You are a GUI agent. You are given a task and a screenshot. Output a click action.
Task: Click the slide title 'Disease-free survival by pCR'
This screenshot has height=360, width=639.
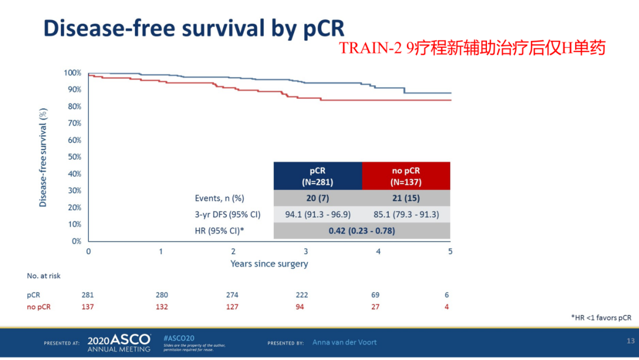pyautogui.click(x=194, y=28)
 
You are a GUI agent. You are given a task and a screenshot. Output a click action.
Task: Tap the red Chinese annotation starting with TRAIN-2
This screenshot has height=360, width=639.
pyautogui.click(x=472, y=49)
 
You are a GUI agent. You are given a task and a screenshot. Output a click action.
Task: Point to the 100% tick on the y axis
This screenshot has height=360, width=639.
pyautogui.click(x=72, y=73)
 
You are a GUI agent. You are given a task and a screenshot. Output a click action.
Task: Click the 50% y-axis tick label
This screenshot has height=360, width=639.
pyautogui.click(x=74, y=157)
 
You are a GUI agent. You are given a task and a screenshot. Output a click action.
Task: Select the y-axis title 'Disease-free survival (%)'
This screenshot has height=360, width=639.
pyautogui.click(x=43, y=157)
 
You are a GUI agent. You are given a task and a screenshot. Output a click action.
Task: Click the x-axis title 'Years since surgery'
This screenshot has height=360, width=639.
pyautogui.click(x=269, y=264)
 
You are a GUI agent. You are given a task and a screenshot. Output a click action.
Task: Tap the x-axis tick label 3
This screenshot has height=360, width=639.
pyautogui.click(x=306, y=251)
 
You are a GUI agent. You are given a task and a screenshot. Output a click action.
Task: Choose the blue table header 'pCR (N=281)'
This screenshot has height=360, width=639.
pyautogui.click(x=317, y=176)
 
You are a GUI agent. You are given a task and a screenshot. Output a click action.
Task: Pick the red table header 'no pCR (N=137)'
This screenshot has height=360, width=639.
pyautogui.click(x=406, y=176)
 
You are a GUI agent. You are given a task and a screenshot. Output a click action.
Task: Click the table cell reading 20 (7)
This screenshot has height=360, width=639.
pyautogui.click(x=317, y=198)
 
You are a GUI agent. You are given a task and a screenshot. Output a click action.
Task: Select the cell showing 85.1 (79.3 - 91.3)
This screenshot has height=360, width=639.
pyautogui.click(x=406, y=214)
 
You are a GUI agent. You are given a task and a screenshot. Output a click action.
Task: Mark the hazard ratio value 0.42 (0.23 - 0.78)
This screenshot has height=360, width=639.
pyautogui.click(x=362, y=231)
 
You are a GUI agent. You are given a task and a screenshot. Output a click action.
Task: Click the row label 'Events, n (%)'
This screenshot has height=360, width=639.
pyautogui.click(x=220, y=198)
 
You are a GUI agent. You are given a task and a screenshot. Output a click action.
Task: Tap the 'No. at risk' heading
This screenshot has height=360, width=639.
pyautogui.click(x=44, y=276)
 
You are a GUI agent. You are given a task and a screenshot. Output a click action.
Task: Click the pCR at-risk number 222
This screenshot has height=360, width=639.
pyautogui.click(x=302, y=295)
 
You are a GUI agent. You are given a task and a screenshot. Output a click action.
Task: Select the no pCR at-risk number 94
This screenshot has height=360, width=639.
pyautogui.click(x=302, y=307)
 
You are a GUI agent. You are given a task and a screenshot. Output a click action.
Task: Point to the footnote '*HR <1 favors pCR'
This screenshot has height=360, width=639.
pyautogui.click(x=601, y=318)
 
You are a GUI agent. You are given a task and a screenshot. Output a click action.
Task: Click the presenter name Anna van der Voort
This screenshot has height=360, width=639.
pyautogui.click(x=344, y=342)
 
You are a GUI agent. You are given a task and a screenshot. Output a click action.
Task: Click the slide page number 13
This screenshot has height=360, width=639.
pyautogui.click(x=630, y=340)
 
